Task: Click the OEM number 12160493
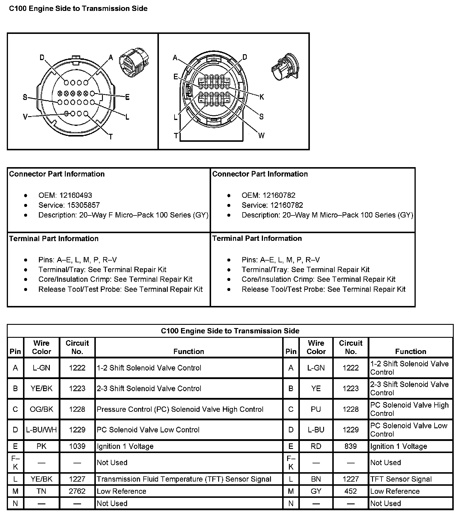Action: click(75, 195)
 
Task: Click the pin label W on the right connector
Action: click(261, 136)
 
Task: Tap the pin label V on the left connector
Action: click(25, 117)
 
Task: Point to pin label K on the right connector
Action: click(262, 97)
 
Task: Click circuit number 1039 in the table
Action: click(77, 446)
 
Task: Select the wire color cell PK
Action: click(41, 446)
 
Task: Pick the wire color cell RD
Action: click(316, 446)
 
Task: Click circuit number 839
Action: click(351, 446)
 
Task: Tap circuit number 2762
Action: click(77, 491)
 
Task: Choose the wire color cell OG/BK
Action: click(41, 409)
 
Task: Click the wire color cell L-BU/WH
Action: click(41, 430)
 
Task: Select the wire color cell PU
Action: click(316, 409)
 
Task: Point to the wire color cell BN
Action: click(316, 479)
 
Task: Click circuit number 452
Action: click(351, 491)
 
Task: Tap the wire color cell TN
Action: click(41, 491)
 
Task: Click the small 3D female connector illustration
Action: click(134, 65)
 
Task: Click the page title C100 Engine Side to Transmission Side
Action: click(78, 9)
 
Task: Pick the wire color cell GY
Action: click(316, 491)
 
